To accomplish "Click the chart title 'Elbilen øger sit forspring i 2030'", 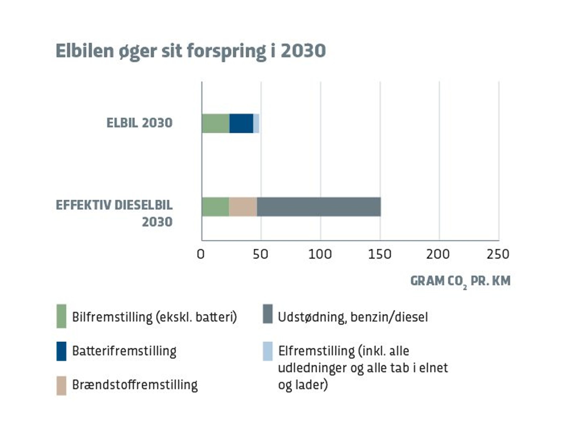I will point(191,51).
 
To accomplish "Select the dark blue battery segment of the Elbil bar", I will point(241,123).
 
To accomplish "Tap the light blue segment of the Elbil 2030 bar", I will point(256,123).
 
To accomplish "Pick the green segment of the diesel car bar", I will point(215,207).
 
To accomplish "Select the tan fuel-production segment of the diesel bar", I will point(243,207).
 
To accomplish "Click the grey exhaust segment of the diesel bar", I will point(319,207).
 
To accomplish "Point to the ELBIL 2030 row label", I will point(139,123).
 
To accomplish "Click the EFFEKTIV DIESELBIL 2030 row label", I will point(114,213).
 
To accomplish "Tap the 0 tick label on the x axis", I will point(201,254).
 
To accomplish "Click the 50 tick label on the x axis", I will point(260,254).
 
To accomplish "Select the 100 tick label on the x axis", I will point(320,254).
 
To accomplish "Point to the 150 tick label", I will point(379,254).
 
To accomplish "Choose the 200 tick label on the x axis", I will point(438,254).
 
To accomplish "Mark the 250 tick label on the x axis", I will point(498,254).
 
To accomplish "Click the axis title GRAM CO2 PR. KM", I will point(460,281).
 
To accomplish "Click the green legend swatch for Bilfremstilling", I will point(61,316).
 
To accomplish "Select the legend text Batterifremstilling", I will point(124,351).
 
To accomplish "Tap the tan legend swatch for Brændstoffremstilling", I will point(61,385).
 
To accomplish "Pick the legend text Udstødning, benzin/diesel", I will point(352,317).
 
